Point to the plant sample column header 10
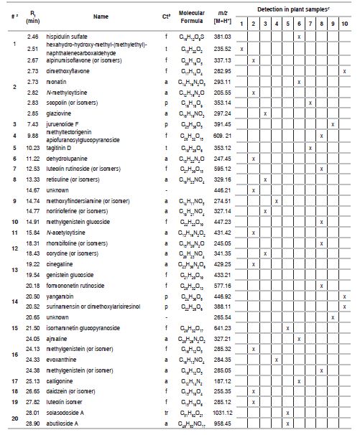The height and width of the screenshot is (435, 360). point(345,23)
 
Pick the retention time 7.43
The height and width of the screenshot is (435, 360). point(32,123)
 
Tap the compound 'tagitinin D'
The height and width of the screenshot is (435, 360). point(63,148)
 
